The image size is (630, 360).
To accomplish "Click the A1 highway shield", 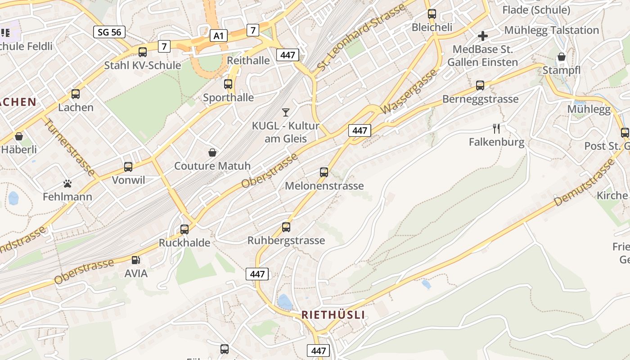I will pos(218,36).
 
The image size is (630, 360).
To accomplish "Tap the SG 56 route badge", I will pos(109,32).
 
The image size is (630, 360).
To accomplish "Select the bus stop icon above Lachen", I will pos(76,94).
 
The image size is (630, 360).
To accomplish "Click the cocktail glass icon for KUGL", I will pos(285,112).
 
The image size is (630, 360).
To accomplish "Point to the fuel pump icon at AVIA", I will pos(135,260).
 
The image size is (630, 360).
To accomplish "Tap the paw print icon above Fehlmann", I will pos(67,183).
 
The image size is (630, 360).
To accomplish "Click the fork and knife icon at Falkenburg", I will pos(496,129).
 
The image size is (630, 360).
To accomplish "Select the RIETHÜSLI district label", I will pos(333,315).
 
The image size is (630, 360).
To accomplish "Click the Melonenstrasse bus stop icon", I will pos(324,172).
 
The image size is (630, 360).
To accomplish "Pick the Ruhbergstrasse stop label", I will pos(286,240).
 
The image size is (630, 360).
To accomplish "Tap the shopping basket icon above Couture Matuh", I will pos(212,153).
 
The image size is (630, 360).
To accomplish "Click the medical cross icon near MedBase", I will pos(483,36).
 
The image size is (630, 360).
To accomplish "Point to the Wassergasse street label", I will pos(409,91).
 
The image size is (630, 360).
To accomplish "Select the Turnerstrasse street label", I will pos(70,148).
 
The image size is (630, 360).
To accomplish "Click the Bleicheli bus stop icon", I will pos(432,13).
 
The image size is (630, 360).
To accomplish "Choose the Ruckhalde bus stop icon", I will pos(184,229).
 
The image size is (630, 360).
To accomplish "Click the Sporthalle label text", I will pos(228,98).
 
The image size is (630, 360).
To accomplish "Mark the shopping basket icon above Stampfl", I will pos(562,57).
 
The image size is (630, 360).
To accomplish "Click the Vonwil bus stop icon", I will pos(128,167).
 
